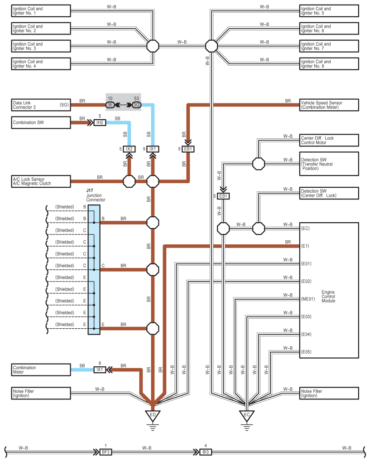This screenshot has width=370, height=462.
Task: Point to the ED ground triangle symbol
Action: [x=153, y=415]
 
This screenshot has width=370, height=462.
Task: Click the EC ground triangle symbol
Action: [x=247, y=415]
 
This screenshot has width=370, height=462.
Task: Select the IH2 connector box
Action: [x=100, y=122]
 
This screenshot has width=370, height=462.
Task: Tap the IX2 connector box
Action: [x=129, y=149]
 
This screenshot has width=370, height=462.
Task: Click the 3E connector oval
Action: [x=110, y=105]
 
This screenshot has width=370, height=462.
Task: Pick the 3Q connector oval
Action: [x=137, y=105]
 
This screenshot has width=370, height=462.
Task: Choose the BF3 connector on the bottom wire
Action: [x=106, y=452]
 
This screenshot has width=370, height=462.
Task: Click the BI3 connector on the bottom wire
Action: [x=206, y=452]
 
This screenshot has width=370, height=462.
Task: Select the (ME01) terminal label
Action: [x=308, y=299]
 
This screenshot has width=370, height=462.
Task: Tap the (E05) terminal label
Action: [x=306, y=352]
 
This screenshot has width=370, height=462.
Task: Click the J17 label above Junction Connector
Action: [x=90, y=190]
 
